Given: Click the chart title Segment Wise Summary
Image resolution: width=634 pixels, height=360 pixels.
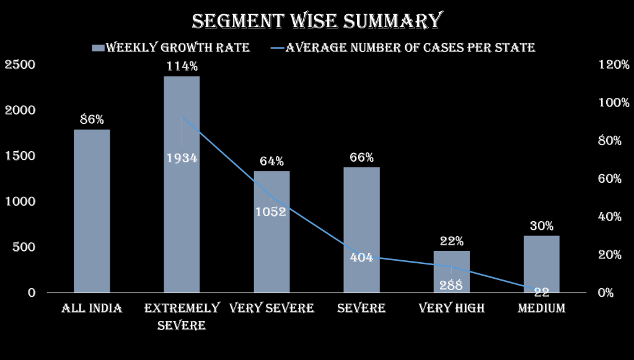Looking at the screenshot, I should pos(316,20).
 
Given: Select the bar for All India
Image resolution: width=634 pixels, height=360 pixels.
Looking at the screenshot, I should pos(92,211).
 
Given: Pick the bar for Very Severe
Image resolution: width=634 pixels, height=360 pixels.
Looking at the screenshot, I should pos(271,248).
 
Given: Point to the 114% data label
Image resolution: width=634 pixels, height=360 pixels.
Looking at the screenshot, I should pos(182,66).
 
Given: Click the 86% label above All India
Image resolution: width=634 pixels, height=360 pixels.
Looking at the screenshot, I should pos(92,120).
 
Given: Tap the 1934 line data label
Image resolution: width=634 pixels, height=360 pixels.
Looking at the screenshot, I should pos(182,158).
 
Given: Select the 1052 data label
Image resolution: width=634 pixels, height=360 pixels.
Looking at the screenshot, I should pos(271,212).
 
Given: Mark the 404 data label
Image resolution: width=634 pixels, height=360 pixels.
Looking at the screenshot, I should pos(361,257).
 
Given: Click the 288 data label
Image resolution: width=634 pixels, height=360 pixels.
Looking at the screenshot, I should pos(451,285).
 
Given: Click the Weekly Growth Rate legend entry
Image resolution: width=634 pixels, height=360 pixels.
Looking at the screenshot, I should pos(170,48).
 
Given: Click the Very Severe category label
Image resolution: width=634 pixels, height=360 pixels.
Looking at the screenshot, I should pos(271,308).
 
